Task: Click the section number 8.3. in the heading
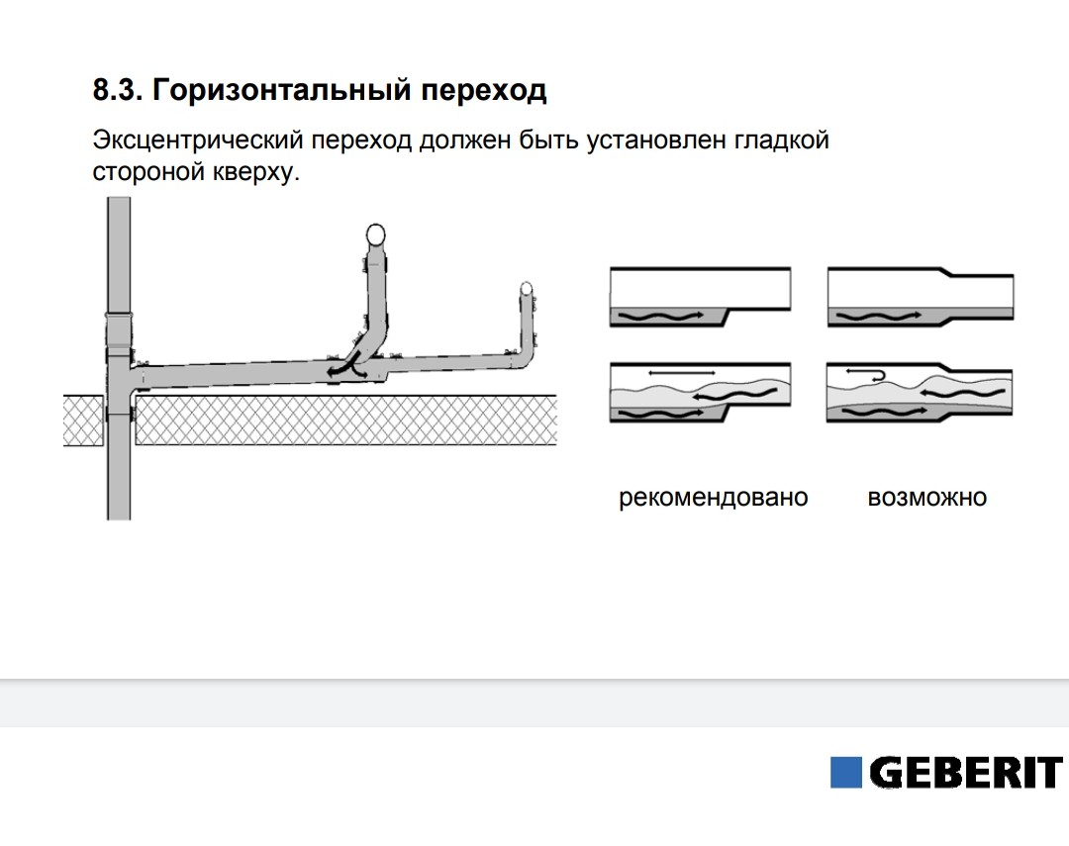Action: pyautogui.click(x=117, y=89)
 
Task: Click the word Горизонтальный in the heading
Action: pyautogui.click(x=281, y=91)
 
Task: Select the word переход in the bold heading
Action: pyautogui.click(x=483, y=91)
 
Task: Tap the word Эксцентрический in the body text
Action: pyautogui.click(x=198, y=141)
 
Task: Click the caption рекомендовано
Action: pyautogui.click(x=713, y=498)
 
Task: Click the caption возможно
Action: pyautogui.click(x=927, y=498)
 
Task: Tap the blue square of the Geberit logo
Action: pyautogui.click(x=846, y=773)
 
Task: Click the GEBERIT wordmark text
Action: pyautogui.click(x=966, y=773)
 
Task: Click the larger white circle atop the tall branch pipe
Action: pyautogui.click(x=375, y=235)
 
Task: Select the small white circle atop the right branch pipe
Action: pyautogui.click(x=526, y=288)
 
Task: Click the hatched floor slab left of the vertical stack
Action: pyautogui.click(x=84, y=420)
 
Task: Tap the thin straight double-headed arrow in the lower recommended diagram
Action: pyautogui.click(x=681, y=373)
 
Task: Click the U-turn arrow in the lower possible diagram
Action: pyautogui.click(x=866, y=374)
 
